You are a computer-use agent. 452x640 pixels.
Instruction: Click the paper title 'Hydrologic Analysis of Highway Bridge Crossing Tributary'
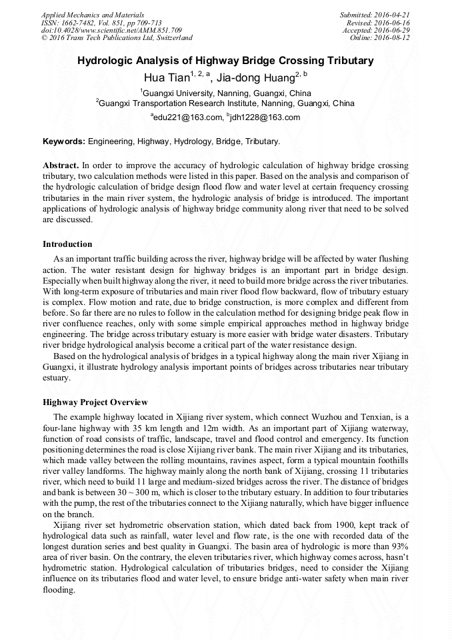pos(225,61)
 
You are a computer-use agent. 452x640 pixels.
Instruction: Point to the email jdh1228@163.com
pos(265,117)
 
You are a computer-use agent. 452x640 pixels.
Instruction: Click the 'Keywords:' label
pos(64,141)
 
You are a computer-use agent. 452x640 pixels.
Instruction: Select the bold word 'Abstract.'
pos(61,164)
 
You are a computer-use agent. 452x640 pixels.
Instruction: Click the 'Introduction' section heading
pos(67,244)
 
